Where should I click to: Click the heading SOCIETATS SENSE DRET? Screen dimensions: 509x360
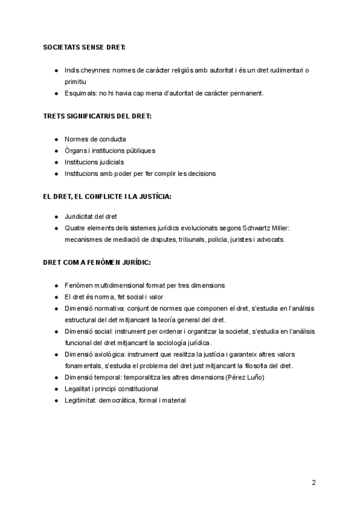click(84, 47)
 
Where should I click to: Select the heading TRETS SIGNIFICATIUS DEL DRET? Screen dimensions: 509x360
click(97, 116)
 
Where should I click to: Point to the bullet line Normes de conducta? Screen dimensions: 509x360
click(95, 139)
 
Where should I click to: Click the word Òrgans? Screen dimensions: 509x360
click(75, 151)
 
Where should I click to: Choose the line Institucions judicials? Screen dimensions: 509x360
click(94, 162)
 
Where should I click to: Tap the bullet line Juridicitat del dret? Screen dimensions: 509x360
click(91, 216)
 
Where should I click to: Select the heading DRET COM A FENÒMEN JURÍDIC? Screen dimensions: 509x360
click(97, 262)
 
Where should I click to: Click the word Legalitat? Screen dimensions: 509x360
click(79, 388)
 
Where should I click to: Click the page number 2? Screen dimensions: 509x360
click(313, 483)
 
